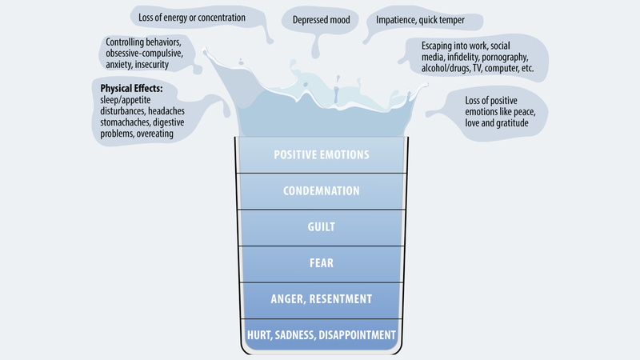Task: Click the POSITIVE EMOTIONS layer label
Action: click(322, 154)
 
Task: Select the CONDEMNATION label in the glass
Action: click(322, 191)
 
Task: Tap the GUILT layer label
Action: click(322, 227)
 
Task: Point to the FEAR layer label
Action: click(322, 263)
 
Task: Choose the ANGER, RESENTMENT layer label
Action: click(322, 299)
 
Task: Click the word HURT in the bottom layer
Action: click(258, 335)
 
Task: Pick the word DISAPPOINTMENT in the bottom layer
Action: click(357, 335)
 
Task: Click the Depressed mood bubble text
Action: click(322, 20)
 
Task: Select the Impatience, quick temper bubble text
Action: click(420, 20)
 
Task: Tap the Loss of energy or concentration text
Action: click(192, 18)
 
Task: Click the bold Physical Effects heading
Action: click(131, 89)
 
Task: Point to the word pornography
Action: click(505, 57)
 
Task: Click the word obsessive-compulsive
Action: click(145, 54)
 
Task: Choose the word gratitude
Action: click(512, 123)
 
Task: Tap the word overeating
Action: click(154, 134)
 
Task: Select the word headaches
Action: click(166, 111)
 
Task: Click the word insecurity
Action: click(151, 65)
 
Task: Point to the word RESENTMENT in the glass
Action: click(341, 299)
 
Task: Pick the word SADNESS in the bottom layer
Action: click(295, 335)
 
